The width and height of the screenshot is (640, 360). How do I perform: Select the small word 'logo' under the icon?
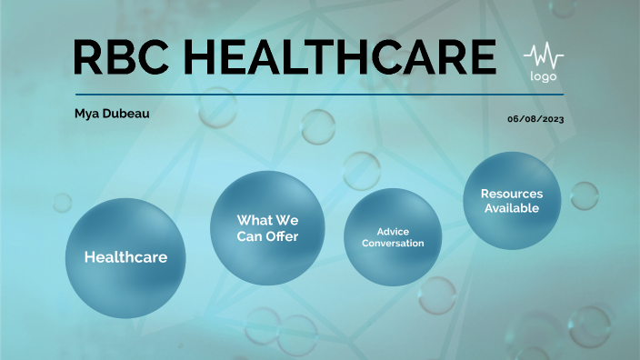(x=543, y=77)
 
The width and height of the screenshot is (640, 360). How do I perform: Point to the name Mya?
(x=88, y=114)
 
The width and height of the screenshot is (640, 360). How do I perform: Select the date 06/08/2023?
(x=535, y=119)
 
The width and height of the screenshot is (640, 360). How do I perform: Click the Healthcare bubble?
(x=125, y=257)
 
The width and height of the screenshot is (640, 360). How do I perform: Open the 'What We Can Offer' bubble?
(x=267, y=228)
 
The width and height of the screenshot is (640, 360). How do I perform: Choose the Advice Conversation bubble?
(x=393, y=237)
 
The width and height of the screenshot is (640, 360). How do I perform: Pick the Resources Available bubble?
(x=511, y=201)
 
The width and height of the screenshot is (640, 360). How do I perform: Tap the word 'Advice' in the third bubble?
(x=393, y=232)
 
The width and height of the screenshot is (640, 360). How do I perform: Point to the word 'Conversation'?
(x=393, y=244)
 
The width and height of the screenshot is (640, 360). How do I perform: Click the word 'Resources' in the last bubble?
(x=511, y=194)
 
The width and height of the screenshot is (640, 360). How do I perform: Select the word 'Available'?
(x=511, y=208)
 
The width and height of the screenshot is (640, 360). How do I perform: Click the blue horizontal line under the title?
(x=318, y=94)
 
